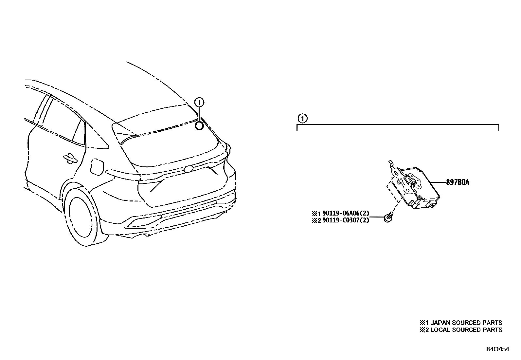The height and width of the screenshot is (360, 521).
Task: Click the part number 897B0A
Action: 458,182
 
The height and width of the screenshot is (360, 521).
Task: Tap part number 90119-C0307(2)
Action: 346,220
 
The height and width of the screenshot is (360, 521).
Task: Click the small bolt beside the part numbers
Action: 388,217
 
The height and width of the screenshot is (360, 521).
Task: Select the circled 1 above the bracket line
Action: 302,118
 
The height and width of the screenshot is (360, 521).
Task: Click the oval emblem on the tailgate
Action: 189,169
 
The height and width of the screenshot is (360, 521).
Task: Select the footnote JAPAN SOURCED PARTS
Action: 461,323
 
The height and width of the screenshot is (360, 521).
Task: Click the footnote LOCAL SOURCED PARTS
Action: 461,330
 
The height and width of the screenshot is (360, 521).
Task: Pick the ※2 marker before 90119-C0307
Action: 316,220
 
